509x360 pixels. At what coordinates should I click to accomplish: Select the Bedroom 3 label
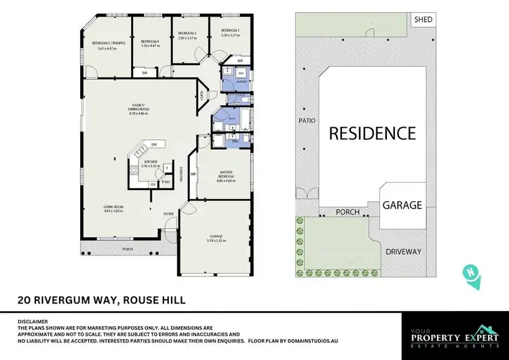(x=187, y=33)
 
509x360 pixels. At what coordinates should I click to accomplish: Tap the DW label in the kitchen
(x=154, y=145)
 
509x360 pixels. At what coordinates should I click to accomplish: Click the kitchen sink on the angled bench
(x=140, y=149)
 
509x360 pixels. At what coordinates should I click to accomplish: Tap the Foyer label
(x=169, y=214)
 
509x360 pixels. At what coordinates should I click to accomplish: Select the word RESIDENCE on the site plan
(x=372, y=132)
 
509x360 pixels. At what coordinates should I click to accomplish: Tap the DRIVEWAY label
(x=403, y=251)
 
